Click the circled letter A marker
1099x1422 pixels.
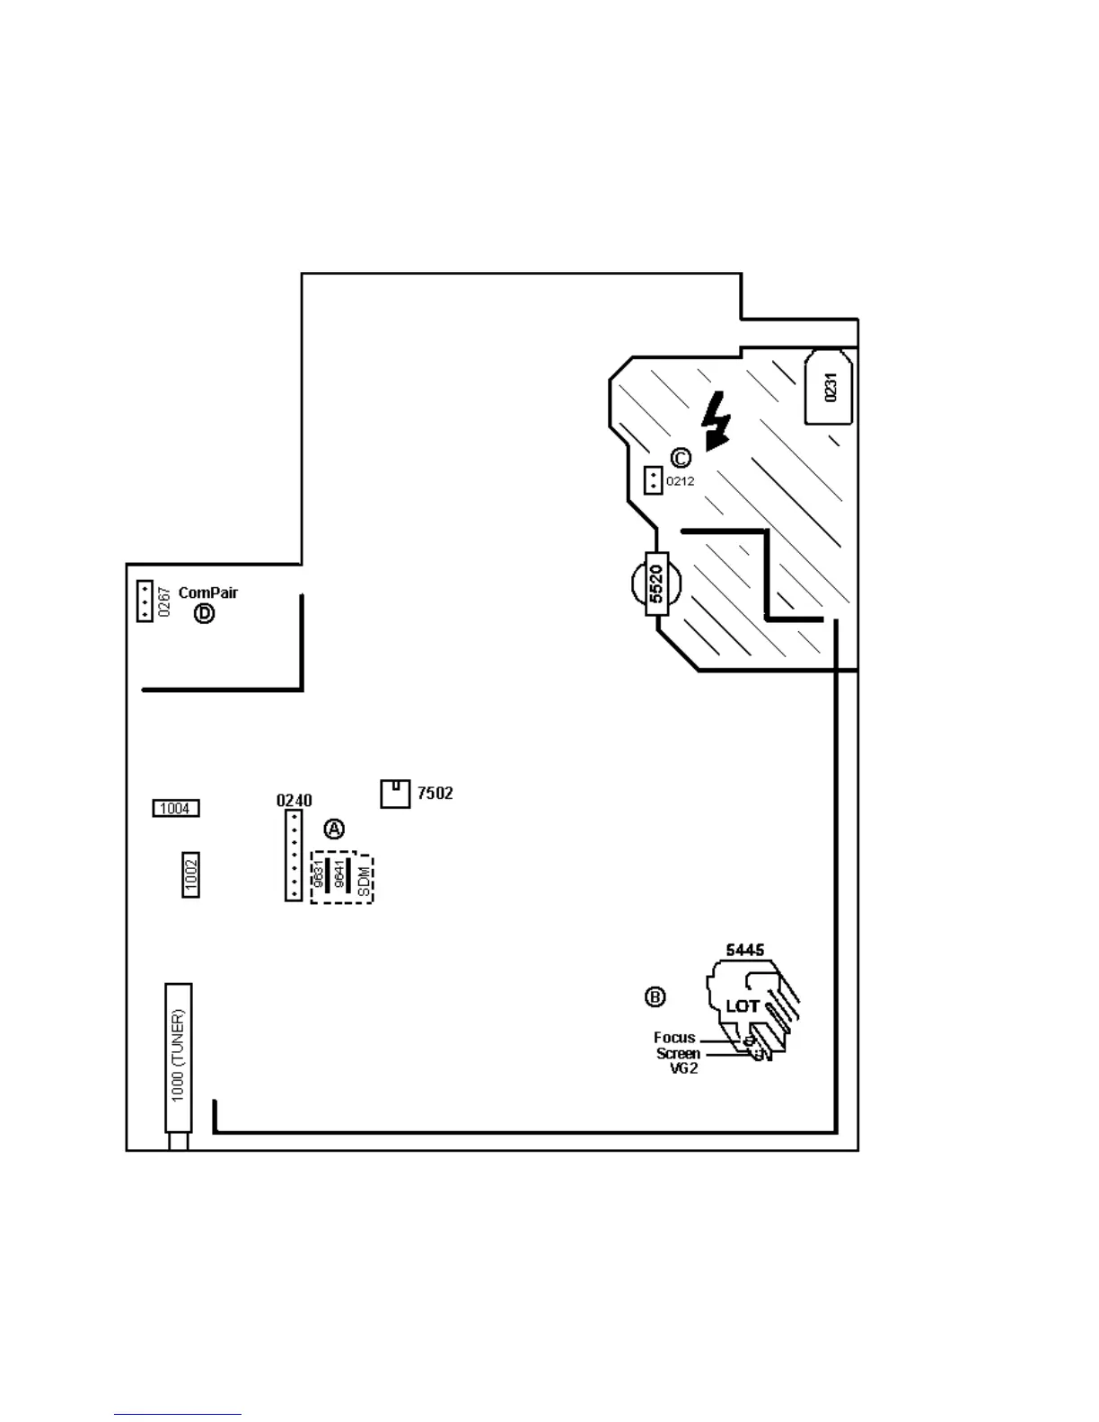[x=334, y=829]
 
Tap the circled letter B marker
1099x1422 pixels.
[x=655, y=996]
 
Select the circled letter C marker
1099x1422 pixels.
[x=681, y=458]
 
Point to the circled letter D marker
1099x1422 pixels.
[x=205, y=614]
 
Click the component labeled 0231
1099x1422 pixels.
[x=829, y=387]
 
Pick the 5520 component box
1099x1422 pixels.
[x=656, y=584]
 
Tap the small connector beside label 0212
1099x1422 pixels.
[x=653, y=481]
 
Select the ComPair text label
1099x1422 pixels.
[x=208, y=592]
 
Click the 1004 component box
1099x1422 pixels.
[x=175, y=809]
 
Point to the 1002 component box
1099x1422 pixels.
[x=191, y=874]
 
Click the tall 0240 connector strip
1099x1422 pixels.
[x=294, y=856]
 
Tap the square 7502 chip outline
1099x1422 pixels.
[x=395, y=794]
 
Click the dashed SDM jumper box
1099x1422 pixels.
[x=342, y=878]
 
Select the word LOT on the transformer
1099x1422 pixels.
[x=743, y=1006]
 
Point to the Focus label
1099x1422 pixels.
[x=674, y=1038]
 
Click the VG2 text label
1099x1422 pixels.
[x=683, y=1068]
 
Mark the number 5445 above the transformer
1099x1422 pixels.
[x=745, y=951]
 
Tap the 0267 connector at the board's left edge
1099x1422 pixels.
[x=145, y=601]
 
